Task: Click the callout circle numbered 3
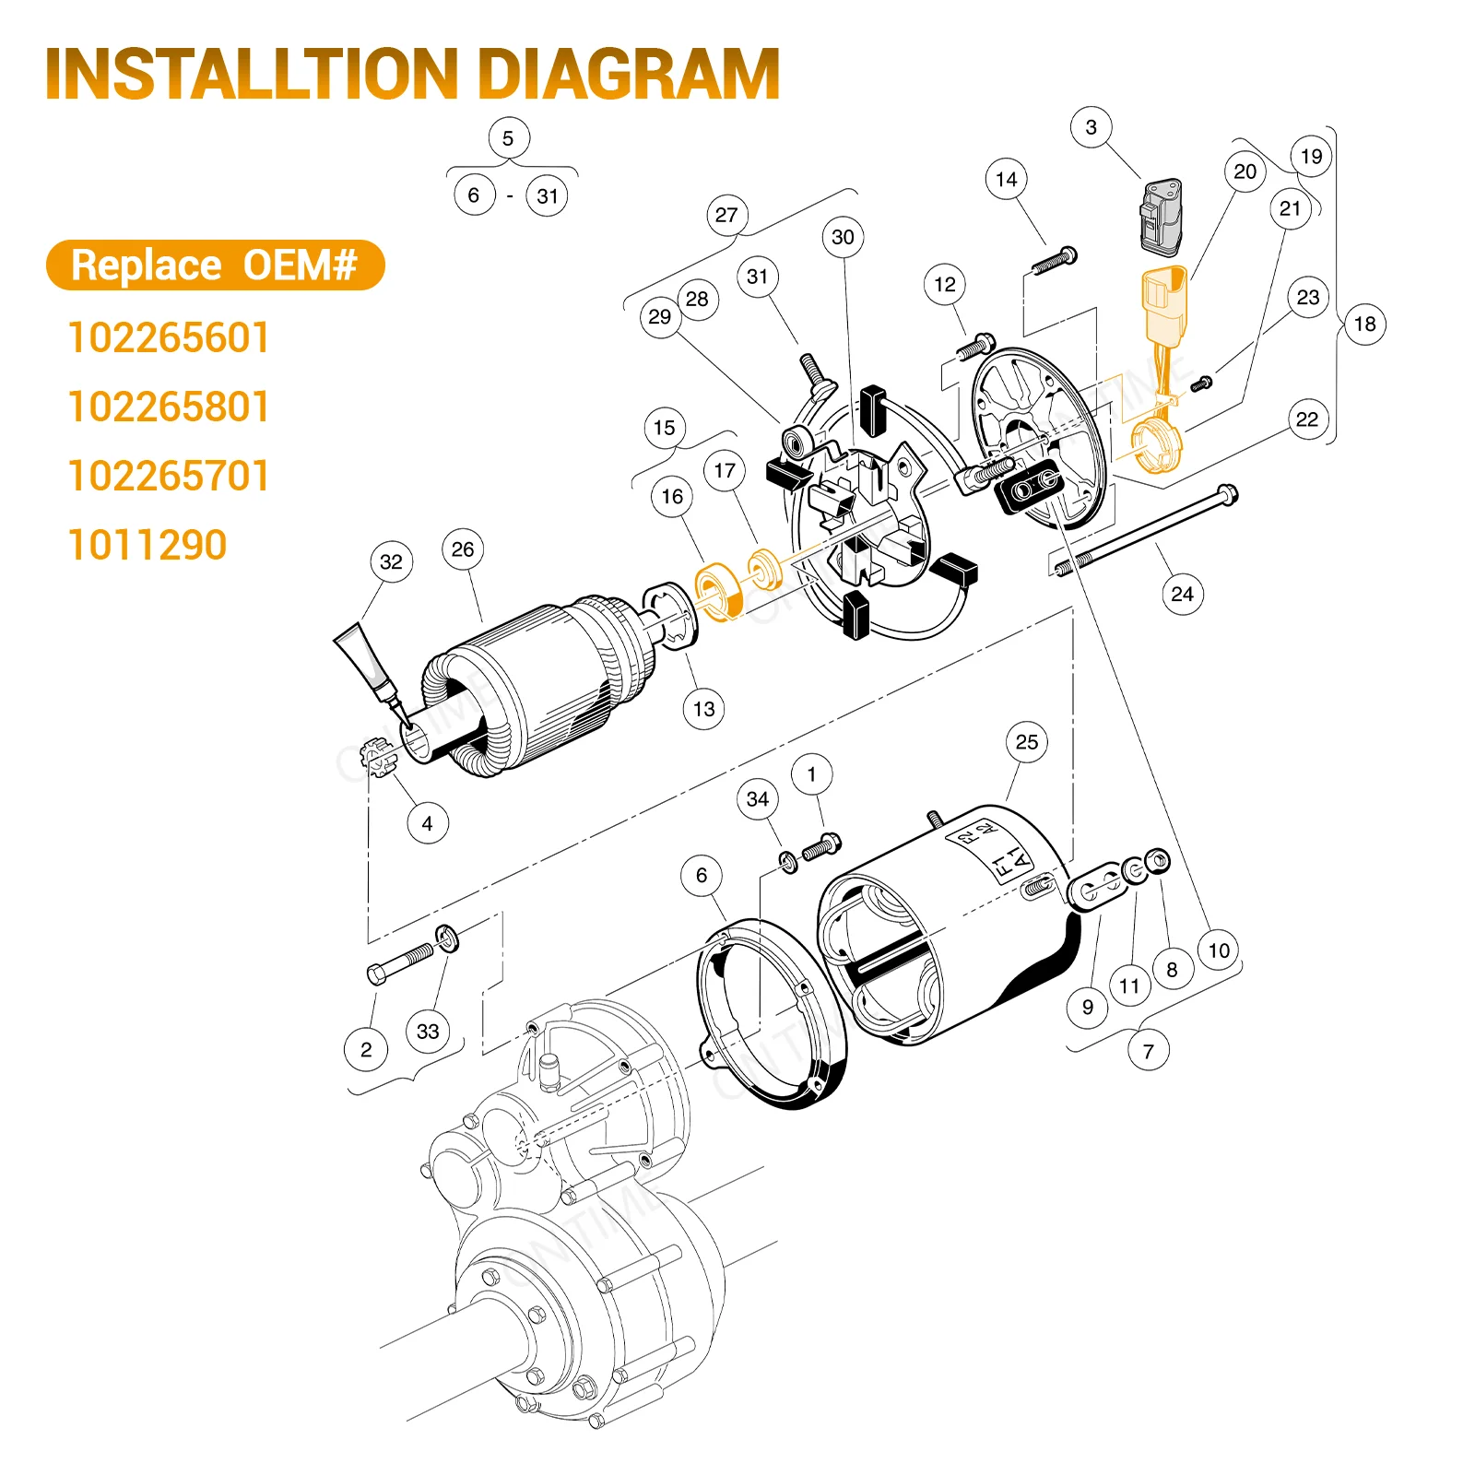[1091, 127]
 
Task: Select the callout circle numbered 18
[1364, 324]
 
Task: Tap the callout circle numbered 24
[1182, 594]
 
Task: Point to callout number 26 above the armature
[463, 549]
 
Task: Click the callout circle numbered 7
[1148, 1051]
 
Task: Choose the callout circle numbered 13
[704, 709]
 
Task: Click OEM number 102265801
[169, 407]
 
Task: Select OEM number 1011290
[147, 545]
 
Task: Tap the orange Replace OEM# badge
[215, 265]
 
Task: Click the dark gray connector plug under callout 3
[1162, 218]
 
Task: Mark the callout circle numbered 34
[758, 798]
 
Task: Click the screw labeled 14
[1054, 261]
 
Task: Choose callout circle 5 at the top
[508, 138]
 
